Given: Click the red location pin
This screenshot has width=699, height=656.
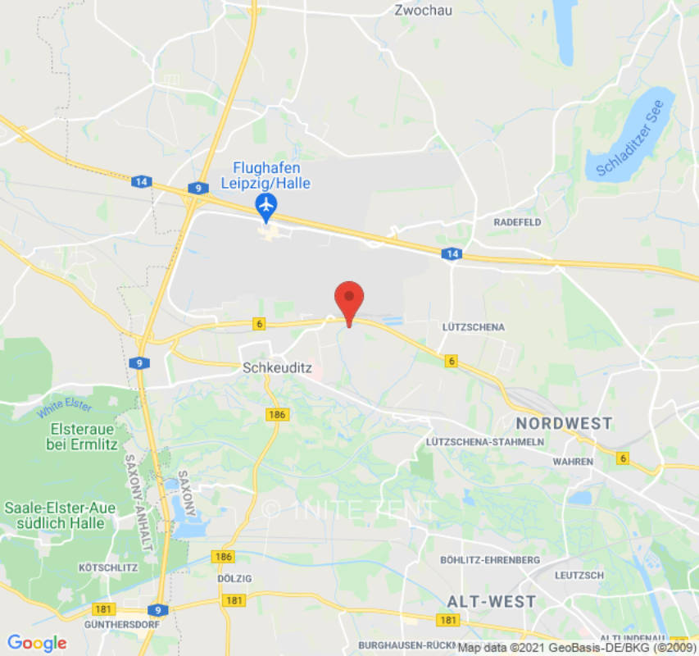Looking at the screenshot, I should pos(350,299).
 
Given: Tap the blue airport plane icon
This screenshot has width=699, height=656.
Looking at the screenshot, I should pos(266,205).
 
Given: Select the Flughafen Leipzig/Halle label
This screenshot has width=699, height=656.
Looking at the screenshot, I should pos(266,175).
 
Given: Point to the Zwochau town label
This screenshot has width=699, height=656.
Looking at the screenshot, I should pos(423,11).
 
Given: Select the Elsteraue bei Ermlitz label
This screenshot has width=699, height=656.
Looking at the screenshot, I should pos(82,436).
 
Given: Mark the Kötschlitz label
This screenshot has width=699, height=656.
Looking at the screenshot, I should pos(102,567).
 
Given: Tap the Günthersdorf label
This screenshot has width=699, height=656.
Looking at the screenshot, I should pos(114,624).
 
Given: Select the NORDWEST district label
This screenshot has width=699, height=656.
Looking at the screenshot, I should pos(563,423).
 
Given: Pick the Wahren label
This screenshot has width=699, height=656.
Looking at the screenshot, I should pos(573,462).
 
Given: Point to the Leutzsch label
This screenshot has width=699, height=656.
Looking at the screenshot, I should pos(579,575).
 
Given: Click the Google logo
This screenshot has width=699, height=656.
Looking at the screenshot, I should pos(37,643).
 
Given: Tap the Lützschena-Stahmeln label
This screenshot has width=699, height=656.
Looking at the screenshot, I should pos(485,442).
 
